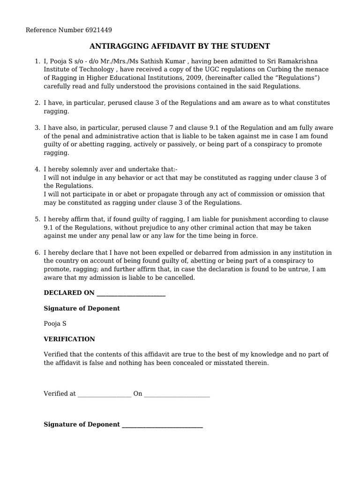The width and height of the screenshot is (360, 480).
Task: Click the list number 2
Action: [x=37, y=103]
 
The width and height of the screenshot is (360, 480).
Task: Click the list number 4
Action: [x=37, y=169]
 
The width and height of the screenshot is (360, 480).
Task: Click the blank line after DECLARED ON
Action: [x=131, y=294]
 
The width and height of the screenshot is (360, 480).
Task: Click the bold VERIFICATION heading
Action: [x=69, y=339]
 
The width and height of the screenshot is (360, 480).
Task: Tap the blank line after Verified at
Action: [x=105, y=395]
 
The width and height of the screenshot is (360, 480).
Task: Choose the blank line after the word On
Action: [x=177, y=395]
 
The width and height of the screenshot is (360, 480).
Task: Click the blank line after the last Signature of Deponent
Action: [x=162, y=425]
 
